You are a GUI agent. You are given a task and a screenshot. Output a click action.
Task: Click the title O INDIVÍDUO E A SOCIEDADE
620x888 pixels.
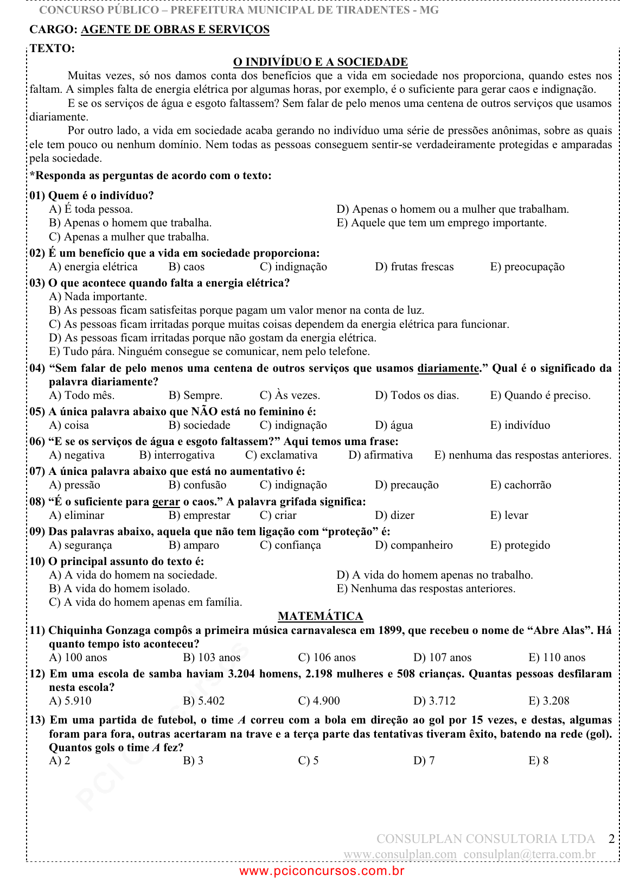[320, 62]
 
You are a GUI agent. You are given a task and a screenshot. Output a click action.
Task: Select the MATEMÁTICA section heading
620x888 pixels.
[320, 616]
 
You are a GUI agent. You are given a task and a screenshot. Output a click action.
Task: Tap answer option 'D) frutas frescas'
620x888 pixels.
[414, 267]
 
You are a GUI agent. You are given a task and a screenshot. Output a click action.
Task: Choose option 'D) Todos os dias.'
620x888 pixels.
[417, 395]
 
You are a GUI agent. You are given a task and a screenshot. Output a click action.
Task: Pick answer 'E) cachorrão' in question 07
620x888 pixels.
[520, 485]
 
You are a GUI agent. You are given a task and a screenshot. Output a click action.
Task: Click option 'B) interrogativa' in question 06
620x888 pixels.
[177, 455]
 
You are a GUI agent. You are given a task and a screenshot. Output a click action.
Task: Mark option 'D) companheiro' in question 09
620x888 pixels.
[413, 545]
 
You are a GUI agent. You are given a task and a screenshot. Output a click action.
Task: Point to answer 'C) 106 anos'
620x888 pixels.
[327, 657]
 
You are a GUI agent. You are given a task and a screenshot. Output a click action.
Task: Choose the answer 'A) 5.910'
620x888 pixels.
[70, 701]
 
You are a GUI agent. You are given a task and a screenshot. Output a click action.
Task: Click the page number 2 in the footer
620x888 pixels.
[611, 839]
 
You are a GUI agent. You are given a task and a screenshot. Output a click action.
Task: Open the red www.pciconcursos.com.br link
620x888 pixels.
[322, 871]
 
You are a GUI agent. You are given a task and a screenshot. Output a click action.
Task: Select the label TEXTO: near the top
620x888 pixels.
[52, 48]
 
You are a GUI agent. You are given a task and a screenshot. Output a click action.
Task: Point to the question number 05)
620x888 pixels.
[37, 411]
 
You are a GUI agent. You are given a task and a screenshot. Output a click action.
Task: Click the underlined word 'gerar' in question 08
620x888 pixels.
[166, 502]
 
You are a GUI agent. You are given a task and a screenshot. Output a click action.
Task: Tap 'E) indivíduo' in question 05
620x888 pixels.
[520, 425]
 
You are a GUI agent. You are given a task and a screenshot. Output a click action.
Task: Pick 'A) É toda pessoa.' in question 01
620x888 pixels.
[91, 209]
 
